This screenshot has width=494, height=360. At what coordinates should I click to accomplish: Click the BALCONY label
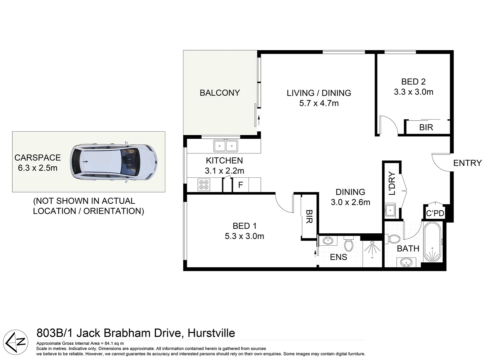click(x=220, y=93)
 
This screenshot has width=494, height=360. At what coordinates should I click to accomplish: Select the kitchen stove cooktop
click(x=204, y=185)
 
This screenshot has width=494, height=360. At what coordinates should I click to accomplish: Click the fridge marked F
click(x=241, y=185)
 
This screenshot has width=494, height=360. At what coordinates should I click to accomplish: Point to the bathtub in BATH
click(x=432, y=243)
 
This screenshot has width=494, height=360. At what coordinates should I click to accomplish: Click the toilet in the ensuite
click(x=348, y=244)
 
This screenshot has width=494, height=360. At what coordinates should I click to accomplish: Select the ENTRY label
click(x=467, y=163)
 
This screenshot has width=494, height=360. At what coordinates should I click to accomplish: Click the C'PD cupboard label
click(x=435, y=213)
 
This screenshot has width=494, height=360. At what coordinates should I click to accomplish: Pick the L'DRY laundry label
click(x=392, y=183)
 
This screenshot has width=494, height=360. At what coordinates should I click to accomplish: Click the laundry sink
click(x=390, y=210)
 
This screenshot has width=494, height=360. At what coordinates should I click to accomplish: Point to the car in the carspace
click(x=113, y=162)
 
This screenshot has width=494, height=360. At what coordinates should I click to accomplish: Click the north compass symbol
click(x=17, y=342)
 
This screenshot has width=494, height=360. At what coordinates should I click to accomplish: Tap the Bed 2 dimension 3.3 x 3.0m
click(x=413, y=92)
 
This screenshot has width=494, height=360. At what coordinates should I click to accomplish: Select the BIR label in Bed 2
click(x=426, y=127)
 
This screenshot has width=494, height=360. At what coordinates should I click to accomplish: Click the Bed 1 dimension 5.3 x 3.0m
click(x=244, y=236)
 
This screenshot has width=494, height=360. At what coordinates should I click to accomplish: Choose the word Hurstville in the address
click(x=211, y=333)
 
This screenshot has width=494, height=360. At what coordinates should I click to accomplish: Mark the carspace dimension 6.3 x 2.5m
click(x=38, y=168)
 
